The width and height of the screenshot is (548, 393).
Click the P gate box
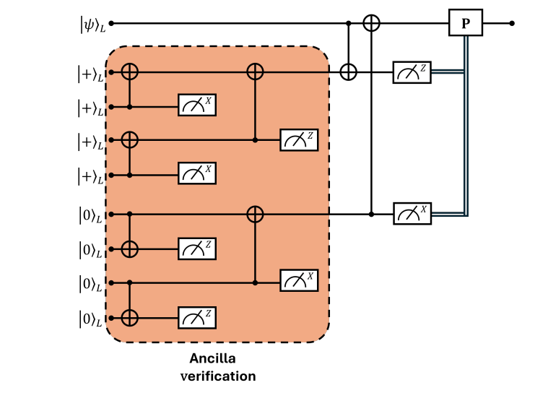click(x=465, y=23)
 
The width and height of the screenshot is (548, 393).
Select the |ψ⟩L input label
click(x=92, y=25)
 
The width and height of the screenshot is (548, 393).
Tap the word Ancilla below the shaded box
click(x=212, y=359)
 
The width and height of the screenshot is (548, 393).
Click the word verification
click(x=217, y=376)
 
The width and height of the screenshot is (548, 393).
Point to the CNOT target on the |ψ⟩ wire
click(x=371, y=23)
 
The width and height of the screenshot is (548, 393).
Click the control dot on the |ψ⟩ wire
click(x=349, y=23)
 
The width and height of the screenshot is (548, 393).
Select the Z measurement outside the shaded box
click(x=411, y=72)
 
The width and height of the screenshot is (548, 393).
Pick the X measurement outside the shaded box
click(x=411, y=214)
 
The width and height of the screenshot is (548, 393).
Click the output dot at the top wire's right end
click(x=512, y=23)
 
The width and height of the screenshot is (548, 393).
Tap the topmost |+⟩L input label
click(x=92, y=73)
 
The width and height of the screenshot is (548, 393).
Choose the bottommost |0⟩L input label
click(x=92, y=319)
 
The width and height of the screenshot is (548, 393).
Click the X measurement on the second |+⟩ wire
click(x=197, y=106)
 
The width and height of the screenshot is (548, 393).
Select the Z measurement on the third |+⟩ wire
click(x=298, y=140)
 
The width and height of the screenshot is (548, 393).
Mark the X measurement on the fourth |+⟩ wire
click(x=197, y=174)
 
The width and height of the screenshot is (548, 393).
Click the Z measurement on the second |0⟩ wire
click(x=197, y=249)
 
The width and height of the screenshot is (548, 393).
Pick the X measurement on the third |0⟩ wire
click(x=298, y=282)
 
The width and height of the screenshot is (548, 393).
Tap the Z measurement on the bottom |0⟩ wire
click(x=197, y=317)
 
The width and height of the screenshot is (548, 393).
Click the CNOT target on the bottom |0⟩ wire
click(x=129, y=317)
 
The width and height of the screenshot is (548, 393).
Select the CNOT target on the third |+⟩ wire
click(x=129, y=140)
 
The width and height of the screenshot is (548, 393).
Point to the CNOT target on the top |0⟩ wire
click(x=254, y=214)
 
